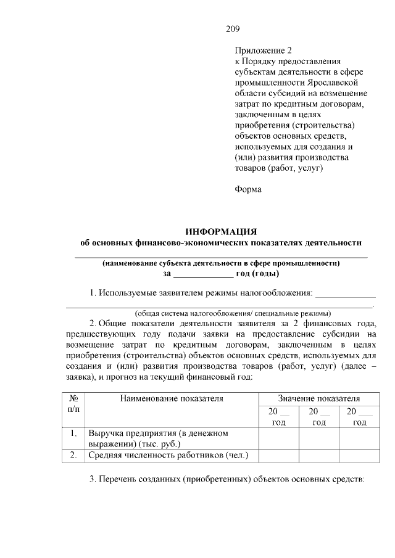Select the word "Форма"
[x=248, y=189]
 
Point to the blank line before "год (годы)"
[x=202, y=273]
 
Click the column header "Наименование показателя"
[x=172, y=398]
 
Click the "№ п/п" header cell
[x=73, y=404]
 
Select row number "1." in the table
[x=73, y=433]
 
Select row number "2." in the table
[x=73, y=455]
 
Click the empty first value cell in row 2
[x=278, y=455]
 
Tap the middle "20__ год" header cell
[x=318, y=416]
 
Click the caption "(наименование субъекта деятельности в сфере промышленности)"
[x=221, y=262]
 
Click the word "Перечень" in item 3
[x=124, y=480]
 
